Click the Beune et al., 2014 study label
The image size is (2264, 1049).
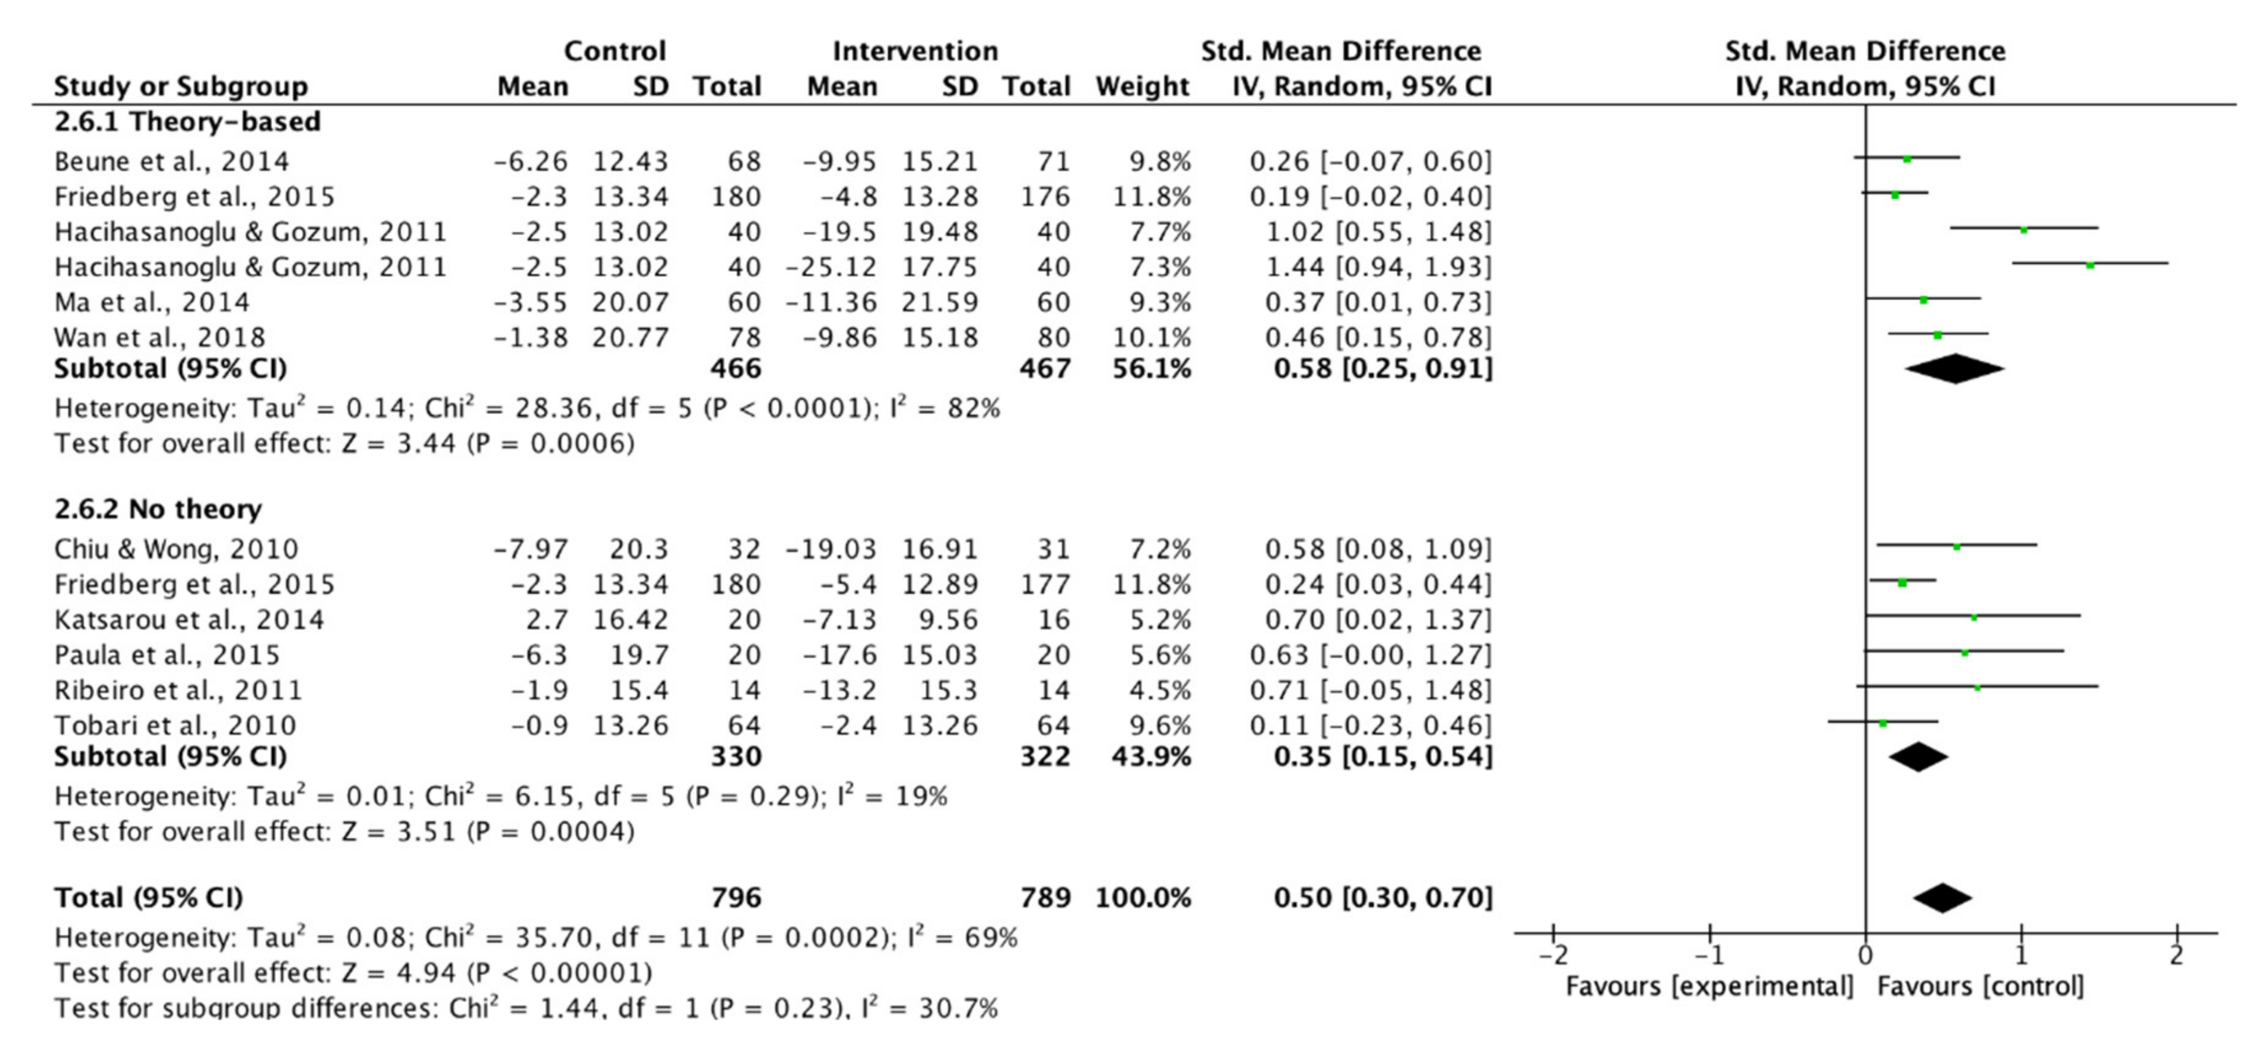click(171, 162)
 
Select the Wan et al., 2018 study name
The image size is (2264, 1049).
click(159, 337)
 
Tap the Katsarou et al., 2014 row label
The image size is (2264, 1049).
click(189, 620)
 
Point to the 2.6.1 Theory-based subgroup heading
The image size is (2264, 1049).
click(187, 121)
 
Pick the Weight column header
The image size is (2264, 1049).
click(1142, 86)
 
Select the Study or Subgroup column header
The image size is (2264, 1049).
click(181, 86)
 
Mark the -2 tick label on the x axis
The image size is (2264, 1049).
click(1552, 954)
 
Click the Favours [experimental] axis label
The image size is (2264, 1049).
click(1709, 986)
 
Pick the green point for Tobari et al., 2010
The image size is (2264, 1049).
click(1882, 724)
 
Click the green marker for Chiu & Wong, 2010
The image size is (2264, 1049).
click(1957, 547)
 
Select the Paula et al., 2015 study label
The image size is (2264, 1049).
click(167, 655)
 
